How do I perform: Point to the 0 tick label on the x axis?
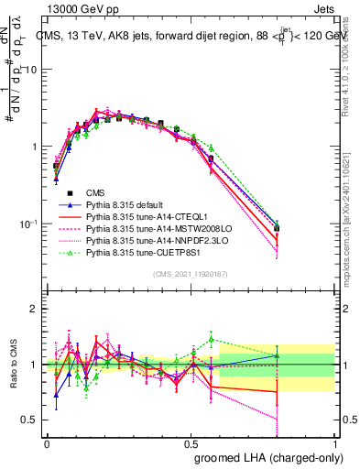46,442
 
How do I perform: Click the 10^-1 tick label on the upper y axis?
26,224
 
